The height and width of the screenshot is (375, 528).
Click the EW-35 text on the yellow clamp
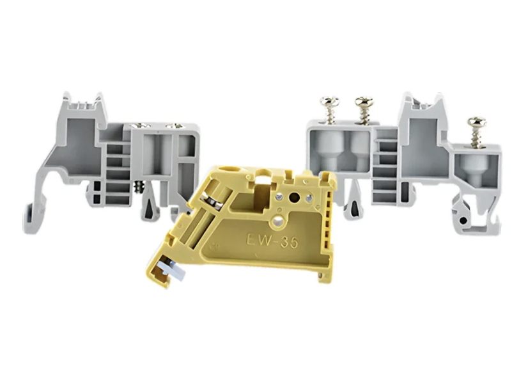pos(272,241)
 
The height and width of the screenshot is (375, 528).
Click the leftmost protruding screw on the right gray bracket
pos(329,109)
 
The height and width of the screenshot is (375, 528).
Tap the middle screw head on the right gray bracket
pos(364,100)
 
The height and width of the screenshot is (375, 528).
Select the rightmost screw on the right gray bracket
pos(477,132)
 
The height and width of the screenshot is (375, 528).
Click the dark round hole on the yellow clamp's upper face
pos(294,196)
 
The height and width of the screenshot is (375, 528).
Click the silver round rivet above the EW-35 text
pos(278,221)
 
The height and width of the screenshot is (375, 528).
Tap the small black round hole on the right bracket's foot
pos(463,221)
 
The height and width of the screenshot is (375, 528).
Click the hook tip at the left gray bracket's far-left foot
pos(28,219)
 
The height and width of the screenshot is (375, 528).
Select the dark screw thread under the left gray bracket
pos(137,186)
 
